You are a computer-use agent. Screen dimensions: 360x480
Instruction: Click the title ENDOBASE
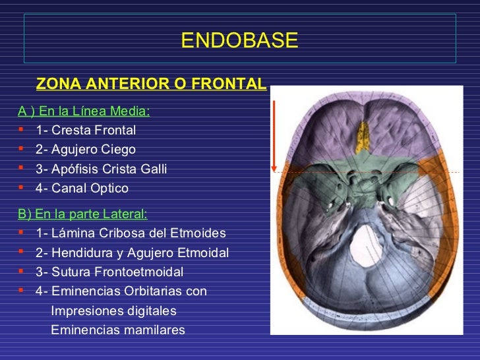pyautogui.click(x=239, y=41)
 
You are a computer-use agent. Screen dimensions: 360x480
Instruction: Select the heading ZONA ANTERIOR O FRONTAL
pyautogui.click(x=151, y=84)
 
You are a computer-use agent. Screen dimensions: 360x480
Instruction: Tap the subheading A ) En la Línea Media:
pyautogui.click(x=84, y=110)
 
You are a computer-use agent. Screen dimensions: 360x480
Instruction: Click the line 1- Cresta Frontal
pyautogui.click(x=86, y=130)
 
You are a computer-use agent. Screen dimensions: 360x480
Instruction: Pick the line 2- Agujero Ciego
pyautogui.click(x=85, y=150)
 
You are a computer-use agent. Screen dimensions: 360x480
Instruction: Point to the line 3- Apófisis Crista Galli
pyautogui.click(x=101, y=169)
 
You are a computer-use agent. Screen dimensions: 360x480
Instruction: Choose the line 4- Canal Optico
pyautogui.click(x=82, y=189)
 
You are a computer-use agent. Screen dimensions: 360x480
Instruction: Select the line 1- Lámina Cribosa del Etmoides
pyautogui.click(x=131, y=233)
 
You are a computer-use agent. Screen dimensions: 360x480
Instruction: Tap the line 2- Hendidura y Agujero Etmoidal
pyautogui.click(x=132, y=253)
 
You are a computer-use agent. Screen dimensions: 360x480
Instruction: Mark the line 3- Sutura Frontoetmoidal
pyautogui.click(x=109, y=272)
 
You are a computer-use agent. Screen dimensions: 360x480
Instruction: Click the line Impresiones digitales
pyautogui.click(x=113, y=311)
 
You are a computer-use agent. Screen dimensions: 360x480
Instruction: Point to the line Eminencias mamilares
pyautogui.click(x=118, y=330)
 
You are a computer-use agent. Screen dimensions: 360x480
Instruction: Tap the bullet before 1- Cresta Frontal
pyautogui.click(x=22, y=129)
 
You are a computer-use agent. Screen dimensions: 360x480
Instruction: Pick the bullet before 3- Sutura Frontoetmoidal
pyautogui.click(x=22, y=271)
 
